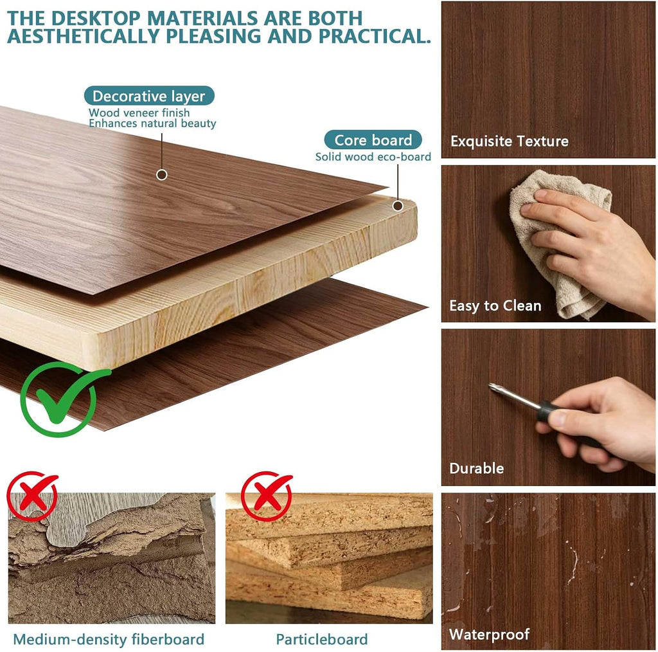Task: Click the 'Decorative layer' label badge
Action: tap(149, 96)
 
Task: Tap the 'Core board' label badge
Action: tap(373, 140)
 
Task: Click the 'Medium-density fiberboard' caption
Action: tap(109, 639)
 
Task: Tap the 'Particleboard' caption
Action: tap(322, 639)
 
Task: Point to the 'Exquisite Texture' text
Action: tap(510, 141)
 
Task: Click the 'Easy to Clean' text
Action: tap(495, 305)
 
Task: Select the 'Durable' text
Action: tap(476, 468)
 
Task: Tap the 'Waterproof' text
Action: tap(489, 634)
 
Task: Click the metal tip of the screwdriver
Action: tap(490, 385)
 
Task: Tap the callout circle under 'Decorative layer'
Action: tap(161, 175)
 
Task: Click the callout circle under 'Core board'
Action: tap(398, 206)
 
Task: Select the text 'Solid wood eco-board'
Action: tap(373, 157)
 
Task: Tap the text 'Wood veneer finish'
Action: tap(139, 113)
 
